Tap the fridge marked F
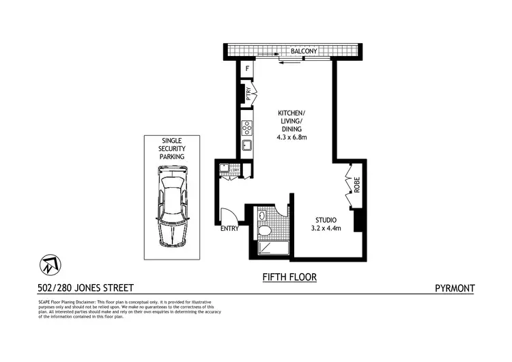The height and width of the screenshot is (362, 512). pos(246,68)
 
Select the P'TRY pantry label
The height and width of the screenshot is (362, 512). pos(249,96)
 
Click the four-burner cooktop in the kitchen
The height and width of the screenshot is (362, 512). pos(247,127)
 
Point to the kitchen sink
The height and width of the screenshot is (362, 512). pos(247,145)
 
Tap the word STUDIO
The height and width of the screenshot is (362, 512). pos(325,219)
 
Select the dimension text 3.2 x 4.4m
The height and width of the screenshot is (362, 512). pos(325,228)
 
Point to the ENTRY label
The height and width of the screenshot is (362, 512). pos(229,229)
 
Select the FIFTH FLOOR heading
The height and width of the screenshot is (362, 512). pos(289,277)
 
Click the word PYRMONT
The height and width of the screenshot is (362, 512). pos(455,288)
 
